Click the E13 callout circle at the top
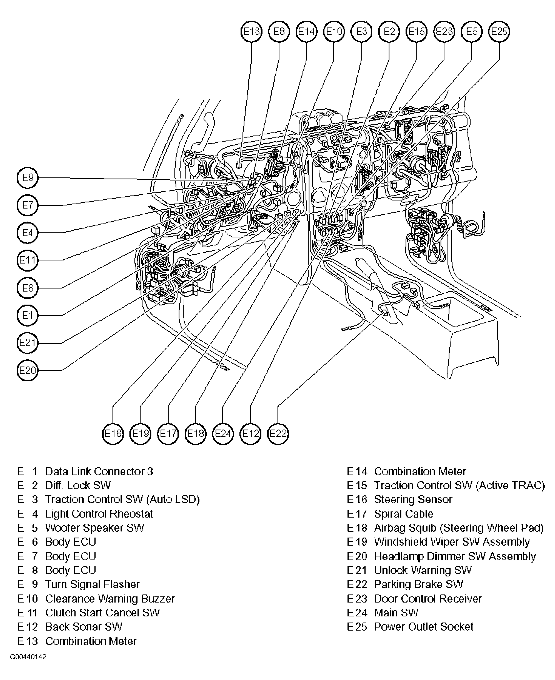pyautogui.click(x=251, y=32)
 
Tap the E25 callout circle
pyautogui.click(x=499, y=32)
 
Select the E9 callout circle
pyautogui.click(x=27, y=178)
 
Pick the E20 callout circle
pyautogui.click(x=27, y=370)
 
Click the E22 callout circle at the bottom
pyautogui.click(x=278, y=434)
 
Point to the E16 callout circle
pyautogui.click(x=113, y=434)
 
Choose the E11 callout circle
pyautogui.click(x=27, y=260)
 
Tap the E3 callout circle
pyautogui.click(x=362, y=32)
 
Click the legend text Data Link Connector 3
pyautogui.click(x=99, y=471)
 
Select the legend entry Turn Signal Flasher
pyautogui.click(x=92, y=584)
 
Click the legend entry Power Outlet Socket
pyautogui.click(x=423, y=627)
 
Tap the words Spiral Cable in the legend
pyautogui.click(x=403, y=514)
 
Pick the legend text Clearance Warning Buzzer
pyautogui.click(x=110, y=599)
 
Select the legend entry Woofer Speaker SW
pyautogui.click(x=94, y=528)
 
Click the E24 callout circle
pyautogui.click(x=223, y=434)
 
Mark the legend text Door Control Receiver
pyautogui.click(x=428, y=599)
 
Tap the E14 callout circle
pyautogui.click(x=307, y=32)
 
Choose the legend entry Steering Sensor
pyautogui.click(x=413, y=500)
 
